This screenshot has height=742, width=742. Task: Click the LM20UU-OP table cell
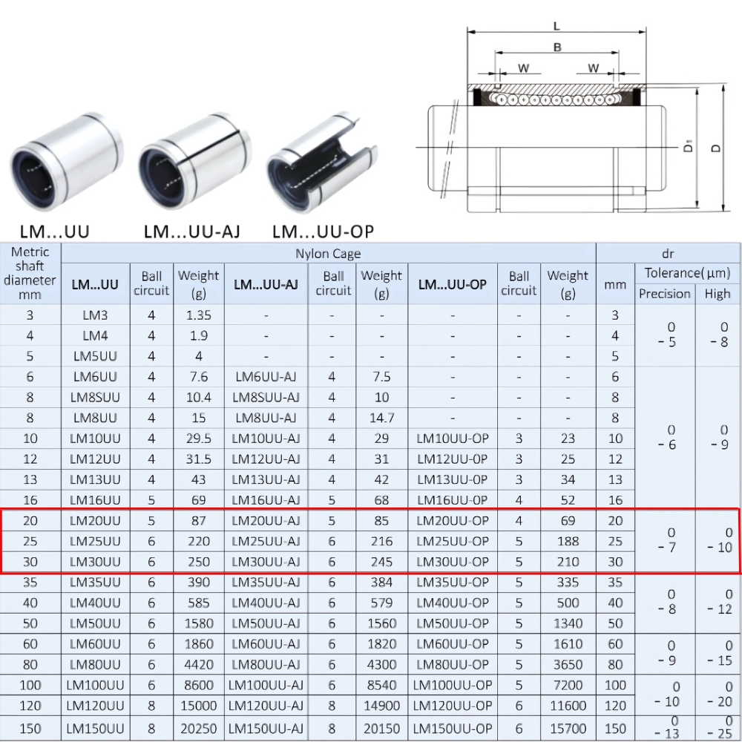click(453, 521)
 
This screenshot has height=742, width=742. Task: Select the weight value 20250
click(198, 729)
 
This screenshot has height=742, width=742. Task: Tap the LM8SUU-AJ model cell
click(266, 397)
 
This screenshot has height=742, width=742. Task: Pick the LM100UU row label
click(95, 685)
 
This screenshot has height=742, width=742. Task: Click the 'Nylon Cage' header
click(328, 254)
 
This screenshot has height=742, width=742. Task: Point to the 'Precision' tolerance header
click(665, 294)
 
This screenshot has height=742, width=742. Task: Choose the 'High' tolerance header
click(718, 294)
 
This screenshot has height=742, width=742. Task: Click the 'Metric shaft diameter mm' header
click(30, 273)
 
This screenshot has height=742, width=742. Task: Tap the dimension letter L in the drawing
click(556, 26)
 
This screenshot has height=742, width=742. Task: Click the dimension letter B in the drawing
click(557, 47)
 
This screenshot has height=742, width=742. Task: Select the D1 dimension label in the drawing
click(689, 147)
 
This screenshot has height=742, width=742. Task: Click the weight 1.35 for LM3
click(198, 315)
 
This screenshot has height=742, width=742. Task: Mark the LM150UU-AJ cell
click(266, 729)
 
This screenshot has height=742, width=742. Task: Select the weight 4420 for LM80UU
click(198, 664)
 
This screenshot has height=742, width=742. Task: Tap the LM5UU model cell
click(95, 356)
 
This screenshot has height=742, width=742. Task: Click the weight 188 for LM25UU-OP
click(568, 541)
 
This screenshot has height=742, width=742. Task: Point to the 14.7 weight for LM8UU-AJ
click(381, 418)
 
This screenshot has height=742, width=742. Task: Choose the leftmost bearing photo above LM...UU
click(65, 163)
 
